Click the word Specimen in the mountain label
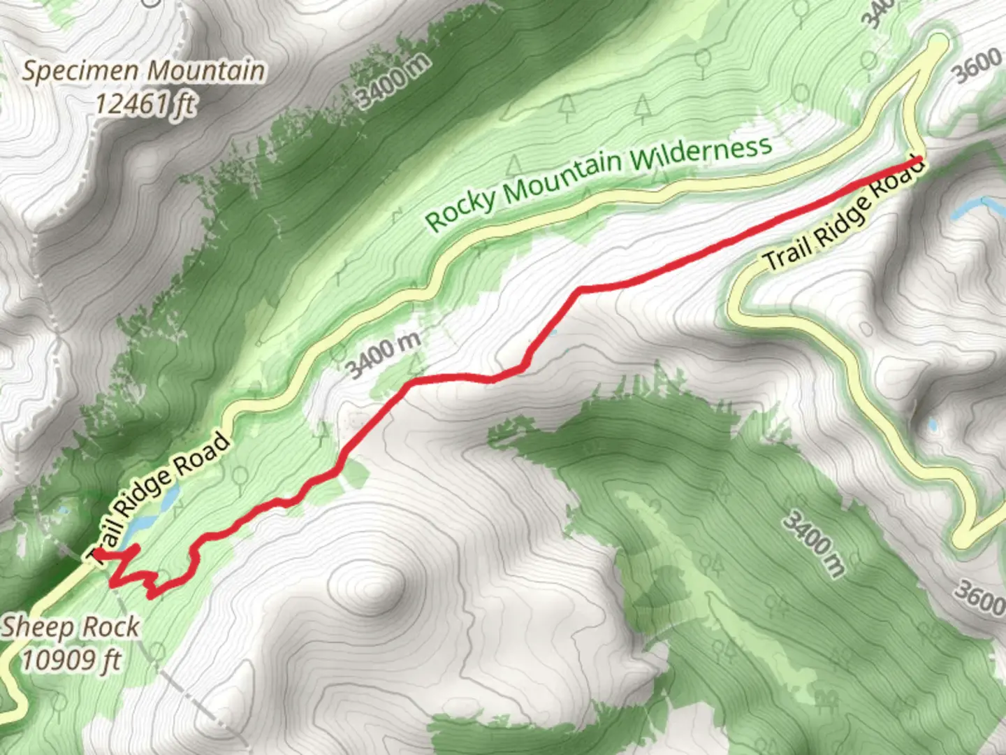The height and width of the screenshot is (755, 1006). click(83, 71)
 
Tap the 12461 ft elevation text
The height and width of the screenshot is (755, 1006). click(145, 104)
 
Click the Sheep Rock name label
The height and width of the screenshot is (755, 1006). click(70, 627)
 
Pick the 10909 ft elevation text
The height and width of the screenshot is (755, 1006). click(71, 659)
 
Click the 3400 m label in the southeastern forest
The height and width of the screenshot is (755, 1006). click(815, 542)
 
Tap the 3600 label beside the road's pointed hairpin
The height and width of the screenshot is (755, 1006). click(977, 67)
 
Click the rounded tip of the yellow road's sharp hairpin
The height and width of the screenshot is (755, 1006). click(939, 43)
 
